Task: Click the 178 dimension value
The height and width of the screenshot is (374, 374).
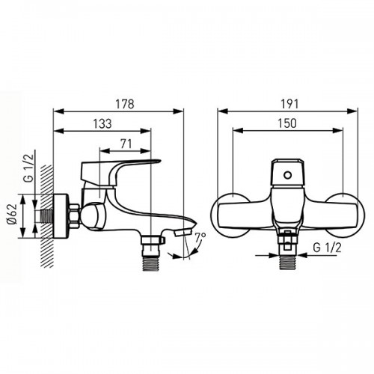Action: pyautogui.click(x=125, y=104)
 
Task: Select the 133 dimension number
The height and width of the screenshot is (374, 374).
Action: pyautogui.click(x=102, y=123)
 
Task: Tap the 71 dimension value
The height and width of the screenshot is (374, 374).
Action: pyautogui.click(x=126, y=144)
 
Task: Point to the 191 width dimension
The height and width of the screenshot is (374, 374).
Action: pyautogui.click(x=289, y=104)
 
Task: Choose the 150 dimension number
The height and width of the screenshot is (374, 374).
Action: pyautogui.click(x=287, y=123)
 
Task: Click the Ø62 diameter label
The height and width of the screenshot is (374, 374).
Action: pyautogui.click(x=12, y=214)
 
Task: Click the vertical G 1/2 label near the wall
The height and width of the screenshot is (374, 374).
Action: pyautogui.click(x=29, y=168)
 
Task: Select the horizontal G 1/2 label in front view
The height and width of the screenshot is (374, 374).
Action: pyautogui.click(x=327, y=248)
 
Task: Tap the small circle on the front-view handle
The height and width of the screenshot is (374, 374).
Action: pyautogui.click(x=287, y=175)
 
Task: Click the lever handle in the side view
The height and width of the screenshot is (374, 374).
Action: pyautogui.click(x=117, y=172)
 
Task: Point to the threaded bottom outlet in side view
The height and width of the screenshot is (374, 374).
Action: pyautogui.click(x=150, y=263)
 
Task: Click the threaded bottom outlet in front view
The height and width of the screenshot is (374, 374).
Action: pyautogui.click(x=288, y=263)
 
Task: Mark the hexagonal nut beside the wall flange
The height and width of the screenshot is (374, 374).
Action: pyautogui.click(x=74, y=216)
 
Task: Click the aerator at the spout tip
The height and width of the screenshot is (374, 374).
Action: pyautogui.click(x=183, y=233)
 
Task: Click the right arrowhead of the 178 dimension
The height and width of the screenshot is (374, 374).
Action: pyautogui.click(x=179, y=111)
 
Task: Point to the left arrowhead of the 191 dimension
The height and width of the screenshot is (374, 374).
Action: pyautogui.click(x=223, y=111)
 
